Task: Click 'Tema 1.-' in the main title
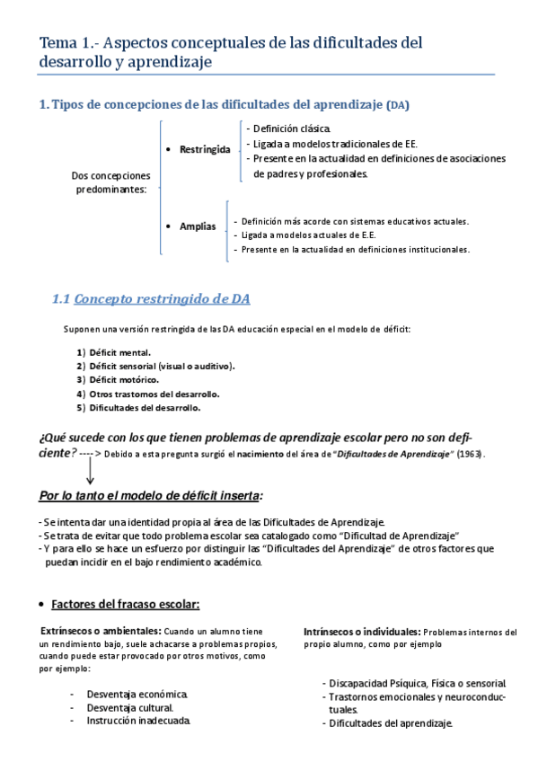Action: pyautogui.click(x=69, y=42)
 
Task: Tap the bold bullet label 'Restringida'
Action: pyautogui.click(x=205, y=148)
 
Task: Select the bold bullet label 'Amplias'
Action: pyautogui.click(x=198, y=226)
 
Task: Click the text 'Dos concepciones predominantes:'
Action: pyautogui.click(x=111, y=182)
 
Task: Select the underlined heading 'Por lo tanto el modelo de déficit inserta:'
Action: pyautogui.click(x=151, y=495)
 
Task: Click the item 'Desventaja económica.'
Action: pyautogui.click(x=137, y=695)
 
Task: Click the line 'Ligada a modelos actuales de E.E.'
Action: pyautogui.click(x=308, y=235)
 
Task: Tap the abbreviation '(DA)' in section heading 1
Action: pyautogui.click(x=397, y=105)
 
